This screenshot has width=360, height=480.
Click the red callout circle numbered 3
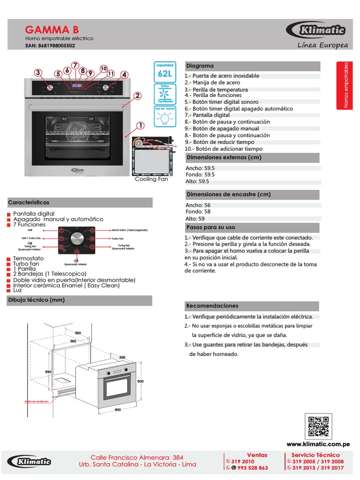coord(38,72)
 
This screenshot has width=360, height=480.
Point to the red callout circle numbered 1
coord(140,125)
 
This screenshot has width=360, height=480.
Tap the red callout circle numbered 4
coord(124,75)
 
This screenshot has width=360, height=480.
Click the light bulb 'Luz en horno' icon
coord(165,118)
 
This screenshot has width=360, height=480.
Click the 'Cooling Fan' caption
coord(151,179)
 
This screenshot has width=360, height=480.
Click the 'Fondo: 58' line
coord(198,212)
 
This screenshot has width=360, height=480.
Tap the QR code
coord(319,426)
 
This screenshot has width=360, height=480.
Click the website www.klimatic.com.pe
coord(318,444)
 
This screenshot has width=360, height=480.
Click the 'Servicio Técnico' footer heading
coord(315,455)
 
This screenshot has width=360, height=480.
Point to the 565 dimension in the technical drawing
coord(123,357)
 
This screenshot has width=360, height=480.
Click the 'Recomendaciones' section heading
coord(212,306)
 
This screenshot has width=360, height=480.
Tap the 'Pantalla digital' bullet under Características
coord(34,213)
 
